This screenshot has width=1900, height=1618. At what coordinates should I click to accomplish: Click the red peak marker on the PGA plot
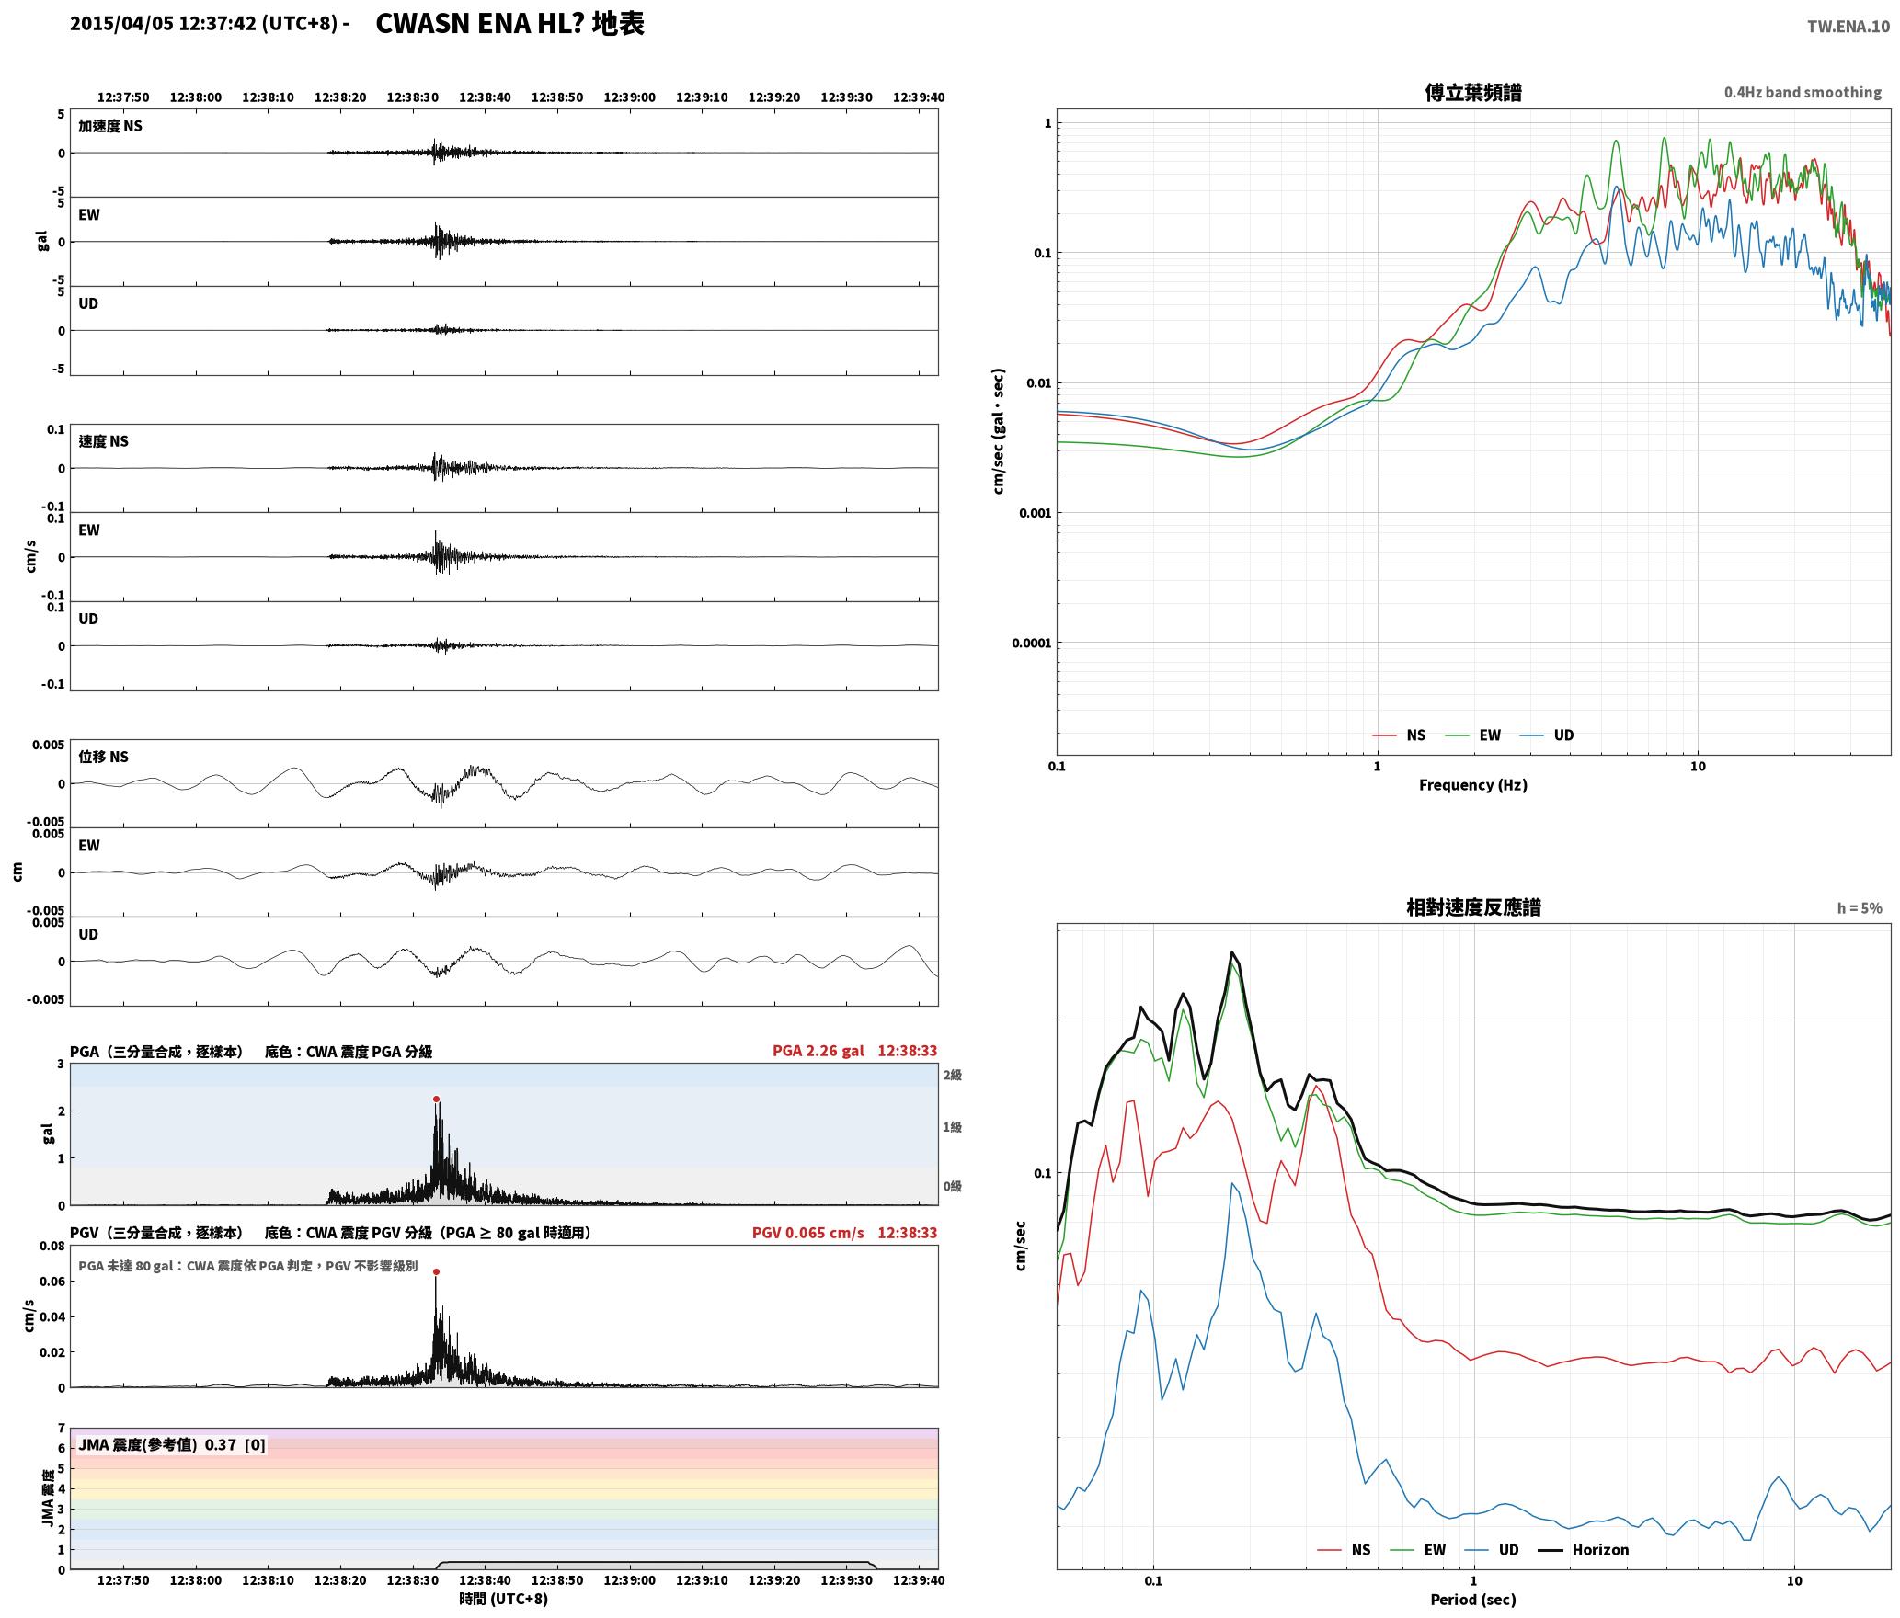point(436,1099)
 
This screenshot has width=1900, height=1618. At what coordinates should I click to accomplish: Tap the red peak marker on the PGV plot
point(436,1271)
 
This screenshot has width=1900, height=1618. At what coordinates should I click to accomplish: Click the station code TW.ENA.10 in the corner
point(1848,27)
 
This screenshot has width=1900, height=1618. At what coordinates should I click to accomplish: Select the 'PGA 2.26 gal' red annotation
point(818,1051)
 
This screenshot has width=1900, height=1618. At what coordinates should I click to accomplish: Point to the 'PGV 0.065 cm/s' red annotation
point(808,1233)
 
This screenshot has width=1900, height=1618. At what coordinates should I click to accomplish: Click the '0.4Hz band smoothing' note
point(1803,92)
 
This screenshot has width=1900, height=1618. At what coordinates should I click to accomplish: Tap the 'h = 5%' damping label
point(1860,908)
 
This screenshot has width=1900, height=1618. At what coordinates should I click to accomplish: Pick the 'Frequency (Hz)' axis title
point(1472,784)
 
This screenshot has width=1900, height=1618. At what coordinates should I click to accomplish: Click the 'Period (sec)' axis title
point(1472,1599)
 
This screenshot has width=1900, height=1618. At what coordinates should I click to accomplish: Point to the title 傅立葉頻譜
point(1472,92)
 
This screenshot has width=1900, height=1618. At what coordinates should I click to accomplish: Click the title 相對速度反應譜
point(1473,907)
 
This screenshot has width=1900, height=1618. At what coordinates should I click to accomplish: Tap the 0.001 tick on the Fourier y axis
point(1035,513)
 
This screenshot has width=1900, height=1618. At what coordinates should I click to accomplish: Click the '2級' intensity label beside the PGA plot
point(952,1075)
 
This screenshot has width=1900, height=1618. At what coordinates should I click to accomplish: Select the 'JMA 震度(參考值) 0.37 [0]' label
point(172,1444)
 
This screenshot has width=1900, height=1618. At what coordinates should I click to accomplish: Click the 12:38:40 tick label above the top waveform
point(485,97)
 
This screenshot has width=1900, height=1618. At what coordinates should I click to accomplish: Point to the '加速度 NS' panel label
point(110,126)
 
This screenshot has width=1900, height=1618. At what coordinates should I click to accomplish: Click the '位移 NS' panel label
point(103,757)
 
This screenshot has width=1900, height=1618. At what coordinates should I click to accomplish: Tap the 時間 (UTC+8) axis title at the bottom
point(504,1599)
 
